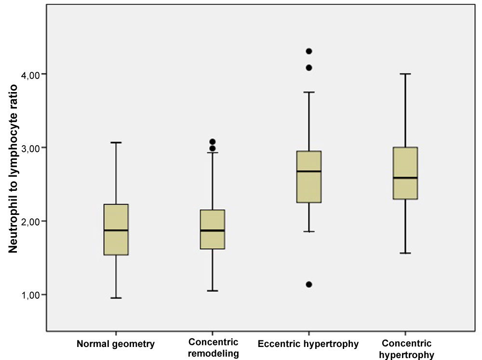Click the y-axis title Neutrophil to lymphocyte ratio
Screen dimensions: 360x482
[x=14, y=169]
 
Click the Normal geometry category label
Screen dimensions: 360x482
[x=116, y=344]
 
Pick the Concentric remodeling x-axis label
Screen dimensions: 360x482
[x=213, y=348]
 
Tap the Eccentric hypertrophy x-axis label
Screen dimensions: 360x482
[x=308, y=344]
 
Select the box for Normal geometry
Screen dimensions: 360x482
[x=116, y=241]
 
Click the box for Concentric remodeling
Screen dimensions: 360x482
[x=213, y=241]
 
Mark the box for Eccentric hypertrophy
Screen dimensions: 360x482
[x=309, y=188]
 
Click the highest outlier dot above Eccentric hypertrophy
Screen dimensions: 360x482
[x=309, y=51]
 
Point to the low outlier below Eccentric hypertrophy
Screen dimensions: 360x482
[x=309, y=284]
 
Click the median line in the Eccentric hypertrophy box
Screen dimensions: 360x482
[x=309, y=171]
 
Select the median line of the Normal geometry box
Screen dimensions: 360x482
[x=116, y=230]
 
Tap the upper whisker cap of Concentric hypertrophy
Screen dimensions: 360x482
[x=405, y=74]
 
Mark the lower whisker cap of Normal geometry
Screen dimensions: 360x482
[x=116, y=298]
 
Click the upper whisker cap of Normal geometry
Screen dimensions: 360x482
[x=116, y=143]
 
